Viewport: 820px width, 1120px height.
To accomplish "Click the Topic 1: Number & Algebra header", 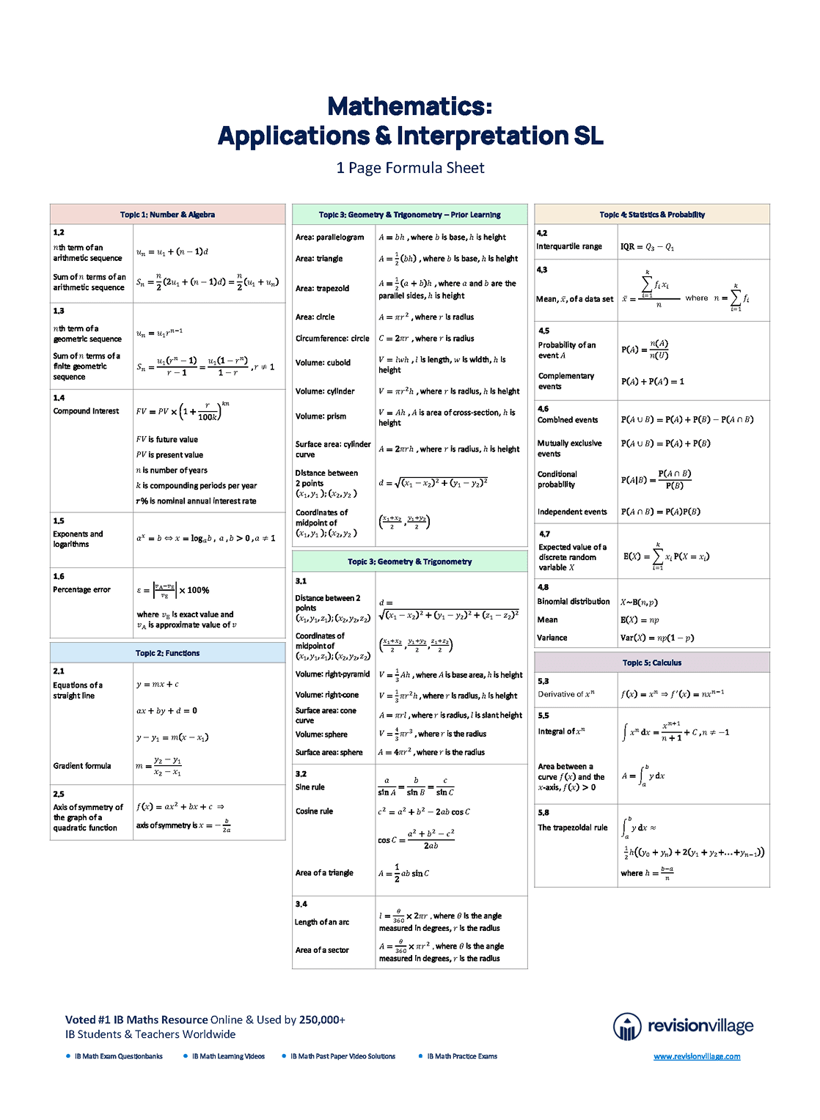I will click(x=167, y=215).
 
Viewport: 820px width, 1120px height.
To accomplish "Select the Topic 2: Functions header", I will click(x=167, y=653).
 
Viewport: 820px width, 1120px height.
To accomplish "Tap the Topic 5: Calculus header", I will click(x=652, y=663).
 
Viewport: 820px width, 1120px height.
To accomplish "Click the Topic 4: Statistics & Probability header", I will click(x=652, y=215).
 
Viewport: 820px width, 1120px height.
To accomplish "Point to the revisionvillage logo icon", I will click(x=627, y=1026).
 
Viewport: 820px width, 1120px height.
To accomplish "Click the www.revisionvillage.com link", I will click(x=697, y=1056).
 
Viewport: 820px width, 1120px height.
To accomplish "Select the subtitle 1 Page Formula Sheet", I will click(x=410, y=168).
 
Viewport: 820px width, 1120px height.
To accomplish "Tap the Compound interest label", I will click(x=86, y=411).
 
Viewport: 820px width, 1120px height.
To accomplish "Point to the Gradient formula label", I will click(x=82, y=766).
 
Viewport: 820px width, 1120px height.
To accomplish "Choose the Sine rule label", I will click(x=310, y=787).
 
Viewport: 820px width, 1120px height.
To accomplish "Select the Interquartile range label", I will click(x=569, y=246).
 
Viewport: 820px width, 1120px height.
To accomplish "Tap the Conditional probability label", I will click(x=557, y=479).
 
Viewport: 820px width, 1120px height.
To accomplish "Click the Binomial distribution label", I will click(x=574, y=602).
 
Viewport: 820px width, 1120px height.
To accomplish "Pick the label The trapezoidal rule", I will click(x=573, y=828).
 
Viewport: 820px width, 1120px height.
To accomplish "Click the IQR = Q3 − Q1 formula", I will click(x=647, y=247).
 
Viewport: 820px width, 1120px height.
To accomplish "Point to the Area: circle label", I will click(x=315, y=317).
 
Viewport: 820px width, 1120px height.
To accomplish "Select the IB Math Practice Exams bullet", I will click(x=462, y=1056).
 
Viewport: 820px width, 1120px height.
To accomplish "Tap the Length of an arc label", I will click(x=322, y=922).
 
